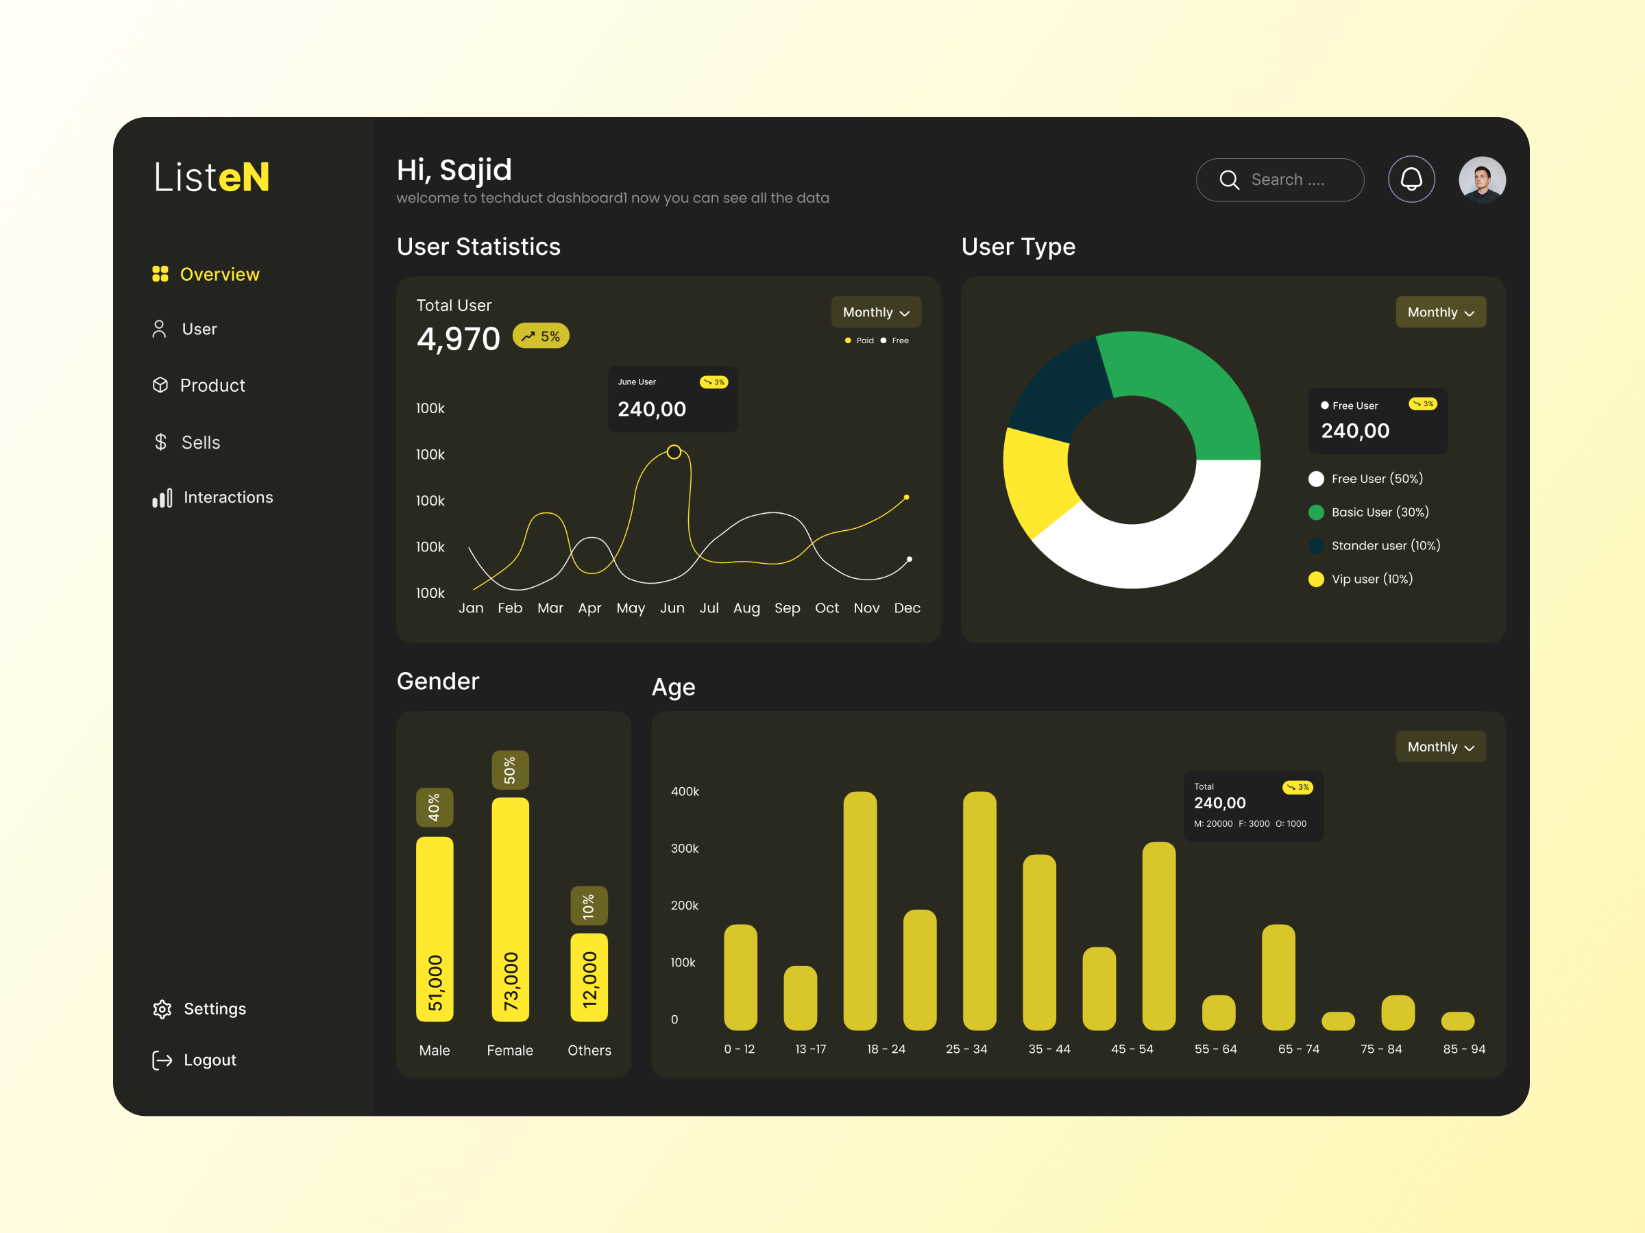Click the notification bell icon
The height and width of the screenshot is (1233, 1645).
pyautogui.click(x=1411, y=179)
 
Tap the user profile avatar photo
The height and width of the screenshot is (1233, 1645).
pyautogui.click(x=1481, y=179)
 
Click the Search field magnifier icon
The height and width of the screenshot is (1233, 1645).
pyautogui.click(x=1228, y=180)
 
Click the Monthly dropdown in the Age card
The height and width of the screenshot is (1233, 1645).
pyautogui.click(x=1440, y=747)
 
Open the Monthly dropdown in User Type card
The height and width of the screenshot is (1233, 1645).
pyautogui.click(x=1440, y=312)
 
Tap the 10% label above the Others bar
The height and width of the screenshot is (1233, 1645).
pyautogui.click(x=589, y=906)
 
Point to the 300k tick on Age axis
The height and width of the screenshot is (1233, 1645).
pyautogui.click(x=684, y=849)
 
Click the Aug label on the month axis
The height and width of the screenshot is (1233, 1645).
pyautogui.click(x=746, y=608)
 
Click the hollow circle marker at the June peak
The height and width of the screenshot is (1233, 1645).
pyautogui.click(x=674, y=452)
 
